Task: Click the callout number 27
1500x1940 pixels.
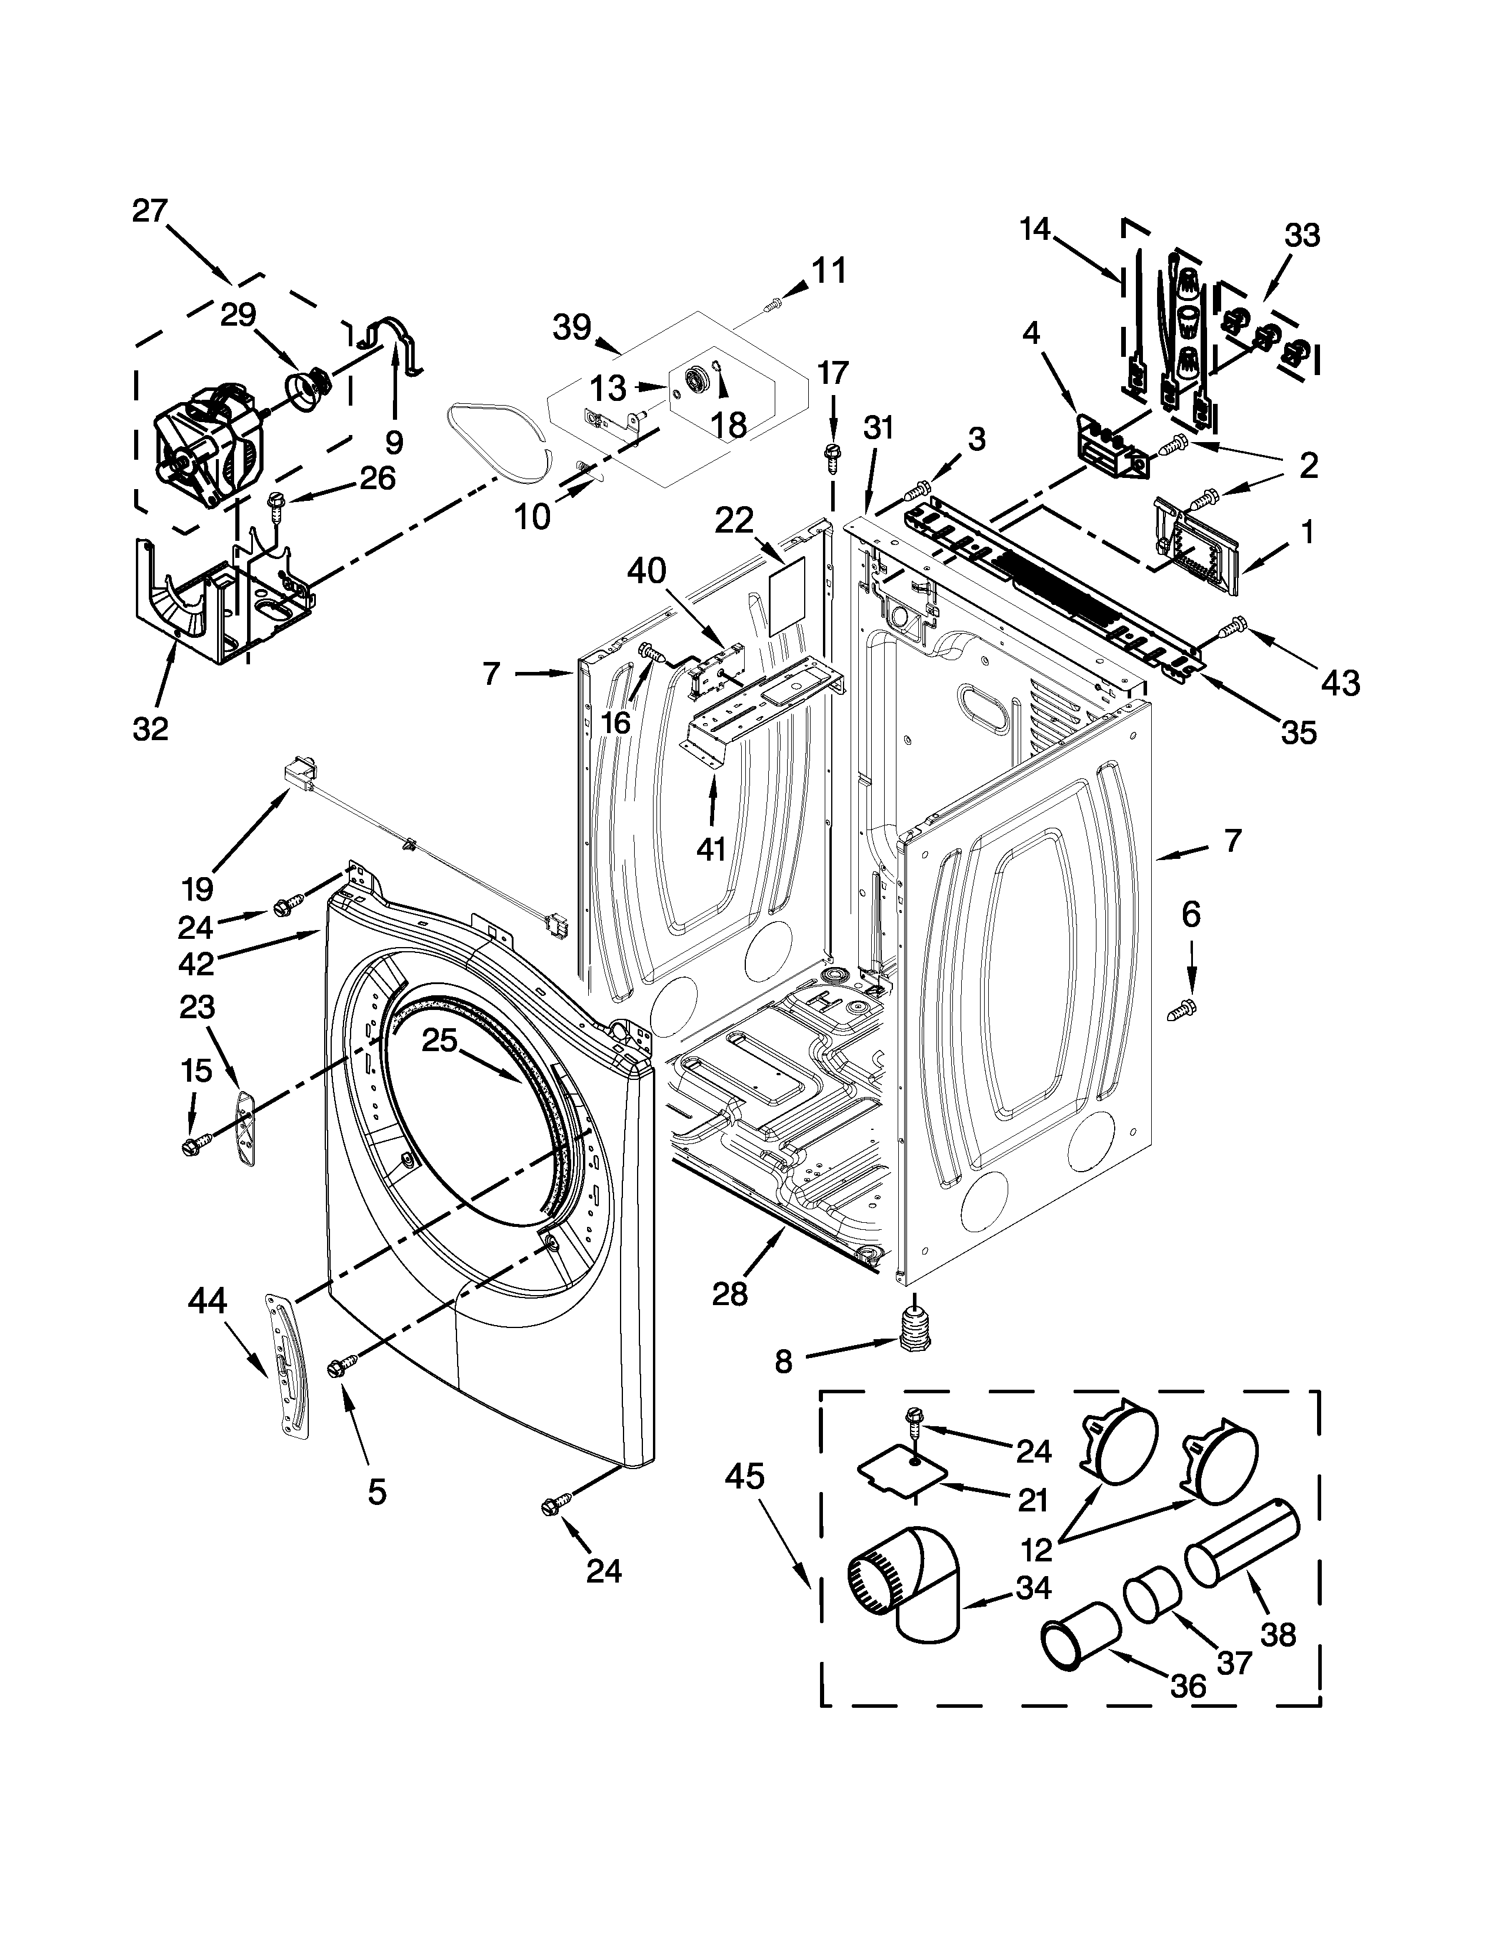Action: tap(149, 212)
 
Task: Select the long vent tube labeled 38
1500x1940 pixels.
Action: tap(1242, 1546)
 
